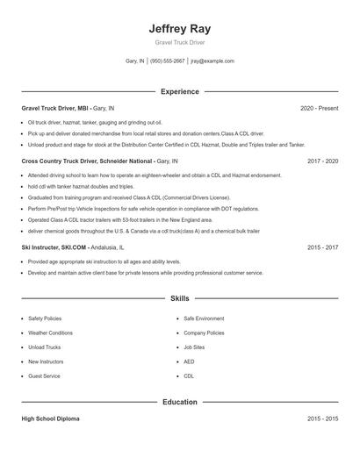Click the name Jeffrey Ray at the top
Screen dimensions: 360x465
180,28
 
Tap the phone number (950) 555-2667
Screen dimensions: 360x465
167,61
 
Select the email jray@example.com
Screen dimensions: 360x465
212,61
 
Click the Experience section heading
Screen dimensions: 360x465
180,91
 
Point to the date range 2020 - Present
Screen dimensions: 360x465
319,108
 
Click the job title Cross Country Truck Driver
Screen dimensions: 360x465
67,161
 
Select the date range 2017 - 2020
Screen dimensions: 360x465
322,161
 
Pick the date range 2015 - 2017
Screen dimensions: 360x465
322,247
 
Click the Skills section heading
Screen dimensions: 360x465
180,299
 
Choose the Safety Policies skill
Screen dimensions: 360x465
45,318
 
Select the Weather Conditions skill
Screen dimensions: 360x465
50,333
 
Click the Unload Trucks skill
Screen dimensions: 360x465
44,347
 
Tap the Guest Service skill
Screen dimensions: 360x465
44,376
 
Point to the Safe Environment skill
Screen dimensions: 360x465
204,318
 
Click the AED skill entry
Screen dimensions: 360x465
189,361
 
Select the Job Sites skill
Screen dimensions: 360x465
194,347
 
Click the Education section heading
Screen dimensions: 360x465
180,402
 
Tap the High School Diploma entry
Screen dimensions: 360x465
50,418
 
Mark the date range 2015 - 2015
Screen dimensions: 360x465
322,418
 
